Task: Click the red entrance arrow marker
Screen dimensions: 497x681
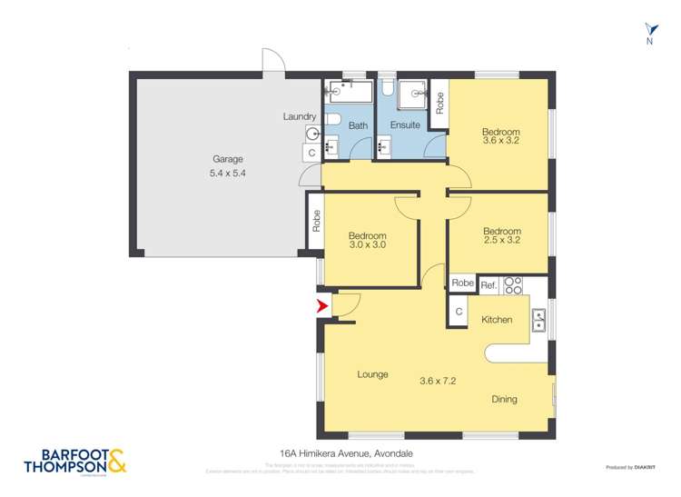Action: (321, 307)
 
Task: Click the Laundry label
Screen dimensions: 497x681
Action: (299, 116)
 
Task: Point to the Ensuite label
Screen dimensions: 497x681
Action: (405, 124)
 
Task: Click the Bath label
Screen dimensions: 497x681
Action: (358, 124)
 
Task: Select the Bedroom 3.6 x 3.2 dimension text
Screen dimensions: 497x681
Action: (501, 141)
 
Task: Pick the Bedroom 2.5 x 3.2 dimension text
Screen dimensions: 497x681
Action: (501, 242)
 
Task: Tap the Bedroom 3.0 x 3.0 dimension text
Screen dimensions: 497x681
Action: (367, 245)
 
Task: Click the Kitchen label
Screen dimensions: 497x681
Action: (497, 320)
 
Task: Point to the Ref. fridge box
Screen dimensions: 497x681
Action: (489, 283)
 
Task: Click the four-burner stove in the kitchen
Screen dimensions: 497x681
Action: (513, 284)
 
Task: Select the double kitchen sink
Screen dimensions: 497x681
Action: (538, 319)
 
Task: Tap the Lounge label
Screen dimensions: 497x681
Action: (372, 374)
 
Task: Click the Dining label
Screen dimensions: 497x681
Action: (505, 399)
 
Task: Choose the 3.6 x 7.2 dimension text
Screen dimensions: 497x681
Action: (437, 381)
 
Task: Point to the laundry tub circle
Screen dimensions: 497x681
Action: (313, 133)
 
